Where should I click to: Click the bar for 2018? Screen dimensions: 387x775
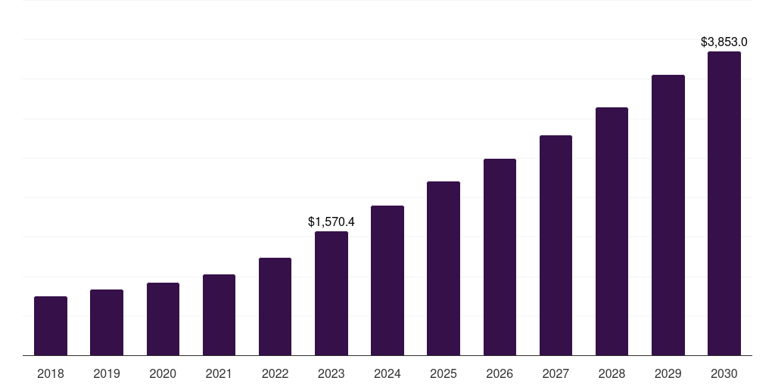pyautogui.click(x=51, y=326)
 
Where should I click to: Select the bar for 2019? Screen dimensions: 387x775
pyautogui.click(x=107, y=323)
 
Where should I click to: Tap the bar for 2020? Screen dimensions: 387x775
pyautogui.click(x=163, y=319)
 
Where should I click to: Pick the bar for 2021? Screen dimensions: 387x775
pyautogui.click(x=219, y=315)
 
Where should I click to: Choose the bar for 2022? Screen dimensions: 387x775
pyautogui.click(x=275, y=307)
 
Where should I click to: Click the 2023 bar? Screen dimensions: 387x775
pyautogui.click(x=331, y=293)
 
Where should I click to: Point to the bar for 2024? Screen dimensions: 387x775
pyautogui.click(x=387, y=280)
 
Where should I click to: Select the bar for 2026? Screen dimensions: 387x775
pyautogui.click(x=500, y=257)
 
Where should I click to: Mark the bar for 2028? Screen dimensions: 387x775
pyautogui.click(x=612, y=231)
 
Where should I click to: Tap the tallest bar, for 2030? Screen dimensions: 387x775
pyautogui.click(x=724, y=203)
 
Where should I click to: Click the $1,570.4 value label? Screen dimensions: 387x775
pyautogui.click(x=331, y=222)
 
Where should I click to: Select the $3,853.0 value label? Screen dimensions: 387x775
pyautogui.click(x=724, y=42)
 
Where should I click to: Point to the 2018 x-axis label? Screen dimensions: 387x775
pyautogui.click(x=51, y=373)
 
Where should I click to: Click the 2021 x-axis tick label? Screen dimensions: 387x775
pyautogui.click(x=219, y=373)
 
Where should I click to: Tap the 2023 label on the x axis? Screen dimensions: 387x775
pyautogui.click(x=331, y=373)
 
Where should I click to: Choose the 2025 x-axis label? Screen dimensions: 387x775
pyautogui.click(x=444, y=373)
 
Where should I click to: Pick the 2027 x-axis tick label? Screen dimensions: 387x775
pyautogui.click(x=556, y=373)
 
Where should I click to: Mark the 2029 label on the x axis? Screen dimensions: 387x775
pyautogui.click(x=668, y=373)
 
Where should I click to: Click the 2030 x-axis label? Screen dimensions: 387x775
pyautogui.click(x=724, y=373)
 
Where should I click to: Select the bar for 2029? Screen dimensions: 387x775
pyautogui.click(x=668, y=215)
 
